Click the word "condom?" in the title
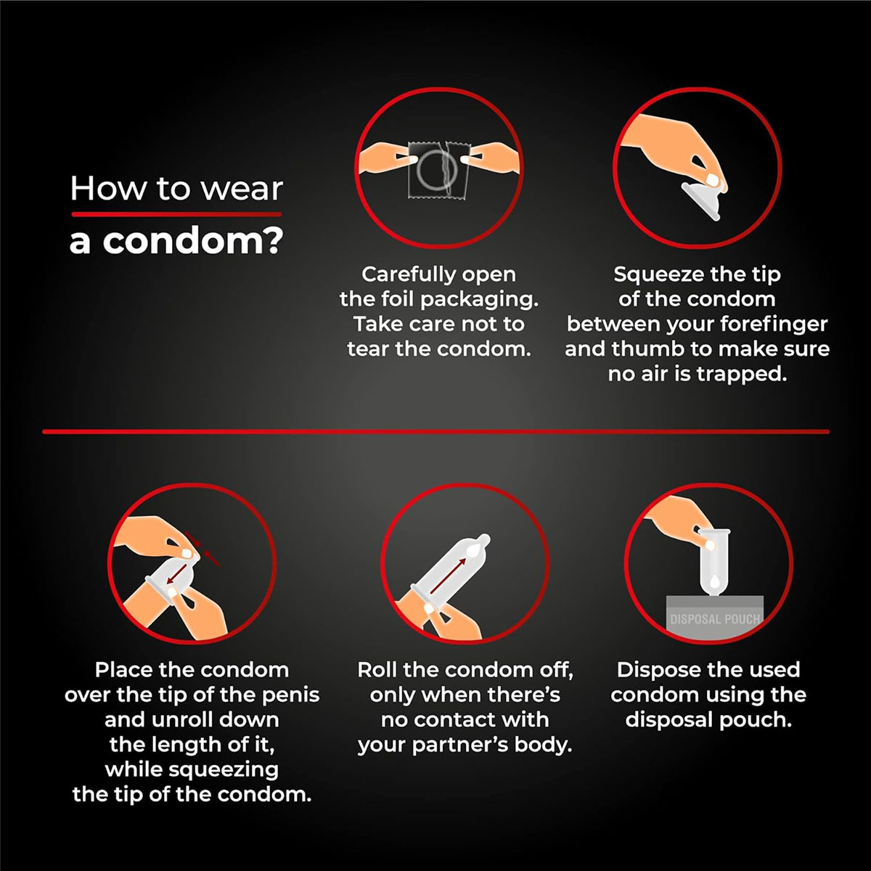coord(193,241)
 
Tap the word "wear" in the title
coord(242,189)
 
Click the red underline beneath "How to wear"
coord(176,214)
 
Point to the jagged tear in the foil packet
coord(449,169)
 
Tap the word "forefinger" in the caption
coord(773,324)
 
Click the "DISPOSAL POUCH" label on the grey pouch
coord(715,619)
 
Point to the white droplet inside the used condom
coord(714,581)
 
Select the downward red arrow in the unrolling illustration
coord(176,573)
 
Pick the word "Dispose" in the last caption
coord(657,670)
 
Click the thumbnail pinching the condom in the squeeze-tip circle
coord(712,180)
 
